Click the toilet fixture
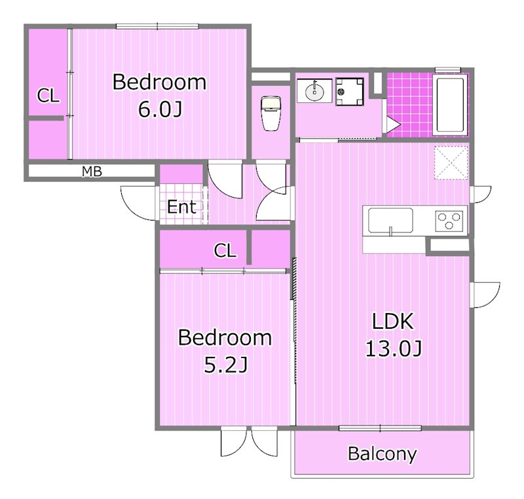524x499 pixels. (x=271, y=113)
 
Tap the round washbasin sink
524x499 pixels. (x=314, y=90)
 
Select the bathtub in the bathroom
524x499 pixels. (x=450, y=105)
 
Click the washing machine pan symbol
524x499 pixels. (x=350, y=92)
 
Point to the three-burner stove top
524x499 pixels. (x=449, y=221)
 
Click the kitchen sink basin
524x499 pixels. (x=390, y=221)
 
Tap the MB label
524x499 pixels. (x=92, y=172)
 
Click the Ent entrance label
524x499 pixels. (x=181, y=207)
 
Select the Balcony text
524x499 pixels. (x=383, y=453)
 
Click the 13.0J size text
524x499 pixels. (x=394, y=348)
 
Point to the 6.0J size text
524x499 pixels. (x=160, y=109)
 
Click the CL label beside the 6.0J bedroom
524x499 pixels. (x=48, y=96)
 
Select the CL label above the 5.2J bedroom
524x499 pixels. (x=225, y=250)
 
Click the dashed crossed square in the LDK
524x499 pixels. (x=451, y=163)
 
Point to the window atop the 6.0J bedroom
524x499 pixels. (x=157, y=26)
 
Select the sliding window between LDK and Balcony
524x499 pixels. (x=380, y=428)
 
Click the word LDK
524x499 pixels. (x=392, y=321)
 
